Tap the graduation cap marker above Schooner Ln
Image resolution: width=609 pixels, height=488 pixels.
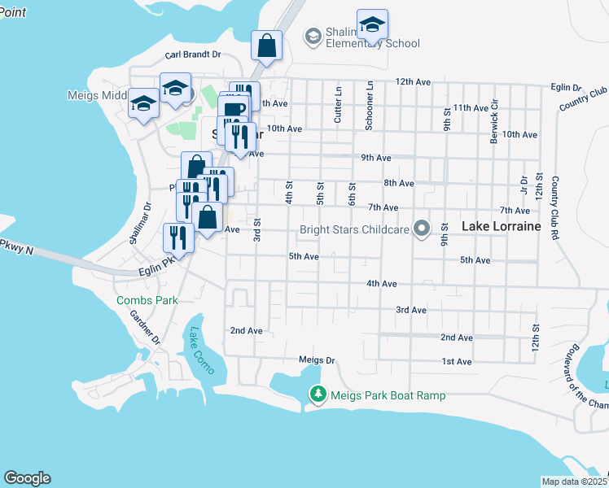click(x=372, y=24)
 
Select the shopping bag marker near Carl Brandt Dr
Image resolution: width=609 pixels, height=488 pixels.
click(x=266, y=46)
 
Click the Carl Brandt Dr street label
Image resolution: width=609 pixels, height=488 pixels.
click(x=193, y=55)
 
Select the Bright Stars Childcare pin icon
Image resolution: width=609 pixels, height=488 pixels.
click(x=421, y=229)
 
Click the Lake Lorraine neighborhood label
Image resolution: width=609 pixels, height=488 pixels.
click(x=501, y=227)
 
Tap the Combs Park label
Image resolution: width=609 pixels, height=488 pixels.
click(x=147, y=300)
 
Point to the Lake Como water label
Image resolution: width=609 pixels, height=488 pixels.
click(x=200, y=351)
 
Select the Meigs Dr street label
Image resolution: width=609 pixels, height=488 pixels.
click(x=317, y=359)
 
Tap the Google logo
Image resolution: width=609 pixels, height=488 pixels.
click(x=27, y=478)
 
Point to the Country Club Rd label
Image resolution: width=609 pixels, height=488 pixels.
click(x=557, y=207)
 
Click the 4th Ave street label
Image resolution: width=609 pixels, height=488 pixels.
click(x=381, y=284)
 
